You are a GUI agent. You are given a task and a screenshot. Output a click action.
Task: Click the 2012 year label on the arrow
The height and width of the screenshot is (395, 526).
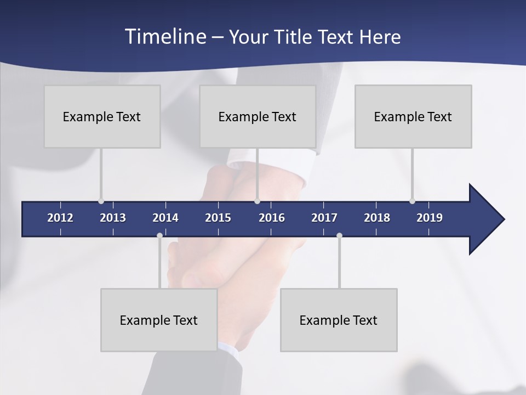(60, 218)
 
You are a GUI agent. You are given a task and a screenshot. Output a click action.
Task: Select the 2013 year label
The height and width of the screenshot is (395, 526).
(113, 218)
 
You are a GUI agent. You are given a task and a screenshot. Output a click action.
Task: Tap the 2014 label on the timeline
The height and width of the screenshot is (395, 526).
(165, 218)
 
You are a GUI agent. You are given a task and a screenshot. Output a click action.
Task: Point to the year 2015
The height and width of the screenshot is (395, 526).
(218, 218)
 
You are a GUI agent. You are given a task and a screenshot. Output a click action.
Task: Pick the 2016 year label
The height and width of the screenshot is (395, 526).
(272, 218)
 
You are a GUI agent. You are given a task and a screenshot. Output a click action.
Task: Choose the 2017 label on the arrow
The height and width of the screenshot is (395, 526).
(324, 218)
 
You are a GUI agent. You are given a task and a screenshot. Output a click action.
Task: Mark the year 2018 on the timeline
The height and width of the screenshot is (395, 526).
(377, 218)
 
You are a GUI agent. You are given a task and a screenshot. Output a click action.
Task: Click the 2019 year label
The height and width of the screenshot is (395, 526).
(430, 218)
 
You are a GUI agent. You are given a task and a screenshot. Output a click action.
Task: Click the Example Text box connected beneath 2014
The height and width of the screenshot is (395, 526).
(159, 320)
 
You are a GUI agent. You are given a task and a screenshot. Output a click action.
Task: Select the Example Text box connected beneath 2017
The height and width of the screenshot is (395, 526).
(339, 320)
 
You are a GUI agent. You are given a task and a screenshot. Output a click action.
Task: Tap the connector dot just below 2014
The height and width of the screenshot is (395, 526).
(159, 236)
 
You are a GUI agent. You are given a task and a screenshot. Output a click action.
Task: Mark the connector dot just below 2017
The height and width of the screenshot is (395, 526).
(339, 236)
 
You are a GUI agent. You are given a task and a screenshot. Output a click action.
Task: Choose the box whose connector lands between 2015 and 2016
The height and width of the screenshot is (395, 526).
(258, 116)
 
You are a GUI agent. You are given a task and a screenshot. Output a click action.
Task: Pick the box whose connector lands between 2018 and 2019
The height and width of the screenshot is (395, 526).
(413, 116)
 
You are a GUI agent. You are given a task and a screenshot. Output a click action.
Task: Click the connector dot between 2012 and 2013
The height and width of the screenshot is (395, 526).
(101, 201)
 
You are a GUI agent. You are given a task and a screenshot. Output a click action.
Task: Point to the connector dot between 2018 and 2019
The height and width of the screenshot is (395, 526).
(412, 201)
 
